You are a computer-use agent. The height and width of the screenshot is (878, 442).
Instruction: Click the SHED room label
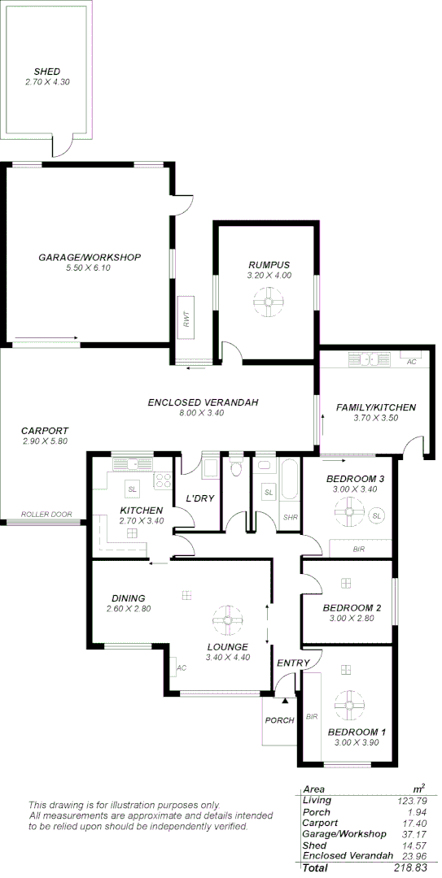click(46, 72)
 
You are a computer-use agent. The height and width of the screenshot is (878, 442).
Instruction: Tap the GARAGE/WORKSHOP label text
click(90, 257)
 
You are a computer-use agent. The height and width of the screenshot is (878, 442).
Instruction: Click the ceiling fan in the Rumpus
click(268, 303)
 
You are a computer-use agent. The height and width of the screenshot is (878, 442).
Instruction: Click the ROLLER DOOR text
click(46, 515)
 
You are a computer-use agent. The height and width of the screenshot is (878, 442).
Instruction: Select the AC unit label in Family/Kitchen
click(411, 362)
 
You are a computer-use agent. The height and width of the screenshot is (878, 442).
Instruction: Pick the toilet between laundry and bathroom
click(236, 467)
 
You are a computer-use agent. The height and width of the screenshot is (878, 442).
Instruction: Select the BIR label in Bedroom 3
click(358, 550)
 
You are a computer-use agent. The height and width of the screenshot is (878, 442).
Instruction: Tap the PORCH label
click(278, 720)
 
